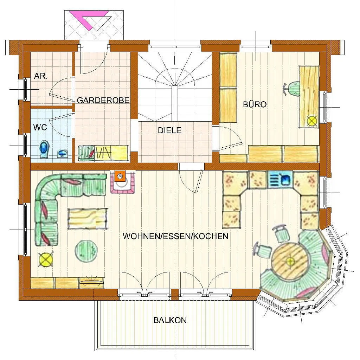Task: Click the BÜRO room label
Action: [255, 104]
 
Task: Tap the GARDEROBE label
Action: [103, 100]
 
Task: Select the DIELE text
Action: [170, 130]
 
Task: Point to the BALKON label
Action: [170, 320]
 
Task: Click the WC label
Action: [40, 127]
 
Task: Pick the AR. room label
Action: [41, 76]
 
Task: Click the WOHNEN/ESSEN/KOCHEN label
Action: [175, 236]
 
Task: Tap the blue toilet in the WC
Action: [45, 149]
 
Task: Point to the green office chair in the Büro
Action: [292, 89]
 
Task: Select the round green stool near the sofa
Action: [86, 250]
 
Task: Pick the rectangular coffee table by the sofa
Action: [88, 219]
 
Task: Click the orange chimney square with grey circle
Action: [120, 176]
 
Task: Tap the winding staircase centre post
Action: [175, 103]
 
